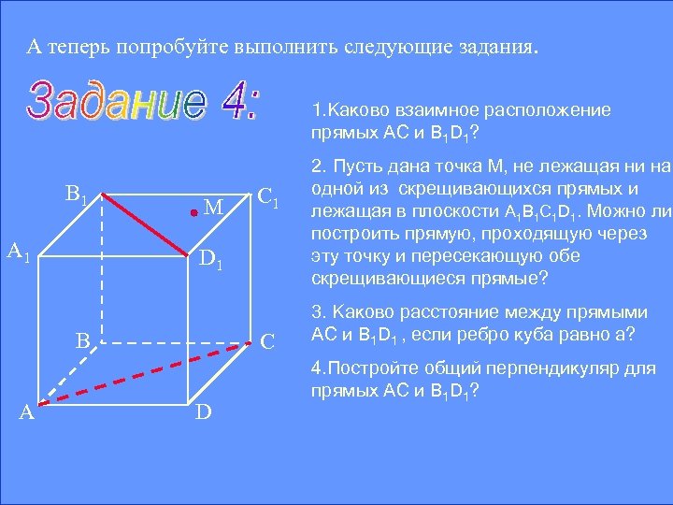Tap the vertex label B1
77,196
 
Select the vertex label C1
269,197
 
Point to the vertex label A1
20,252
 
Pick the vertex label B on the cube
82,341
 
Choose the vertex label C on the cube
268,341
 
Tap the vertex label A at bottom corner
29,412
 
